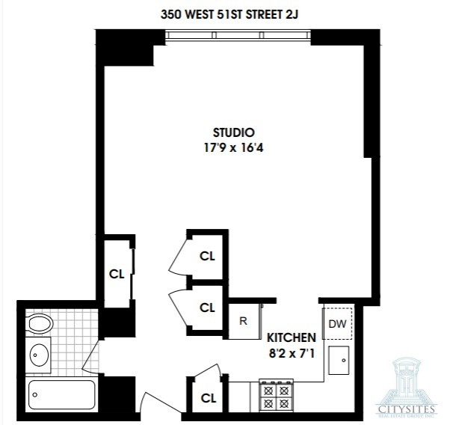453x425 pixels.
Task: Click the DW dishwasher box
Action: [337, 323]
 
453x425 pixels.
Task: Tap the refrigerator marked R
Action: [244, 322]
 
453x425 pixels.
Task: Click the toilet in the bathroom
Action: [40, 324]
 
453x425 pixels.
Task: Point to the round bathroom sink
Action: [39, 353]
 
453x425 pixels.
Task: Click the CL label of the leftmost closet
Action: [117, 273]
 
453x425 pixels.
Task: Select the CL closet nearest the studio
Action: [207, 255]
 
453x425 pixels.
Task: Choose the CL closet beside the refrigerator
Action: [207, 307]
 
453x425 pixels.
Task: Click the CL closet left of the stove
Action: [207, 397]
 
